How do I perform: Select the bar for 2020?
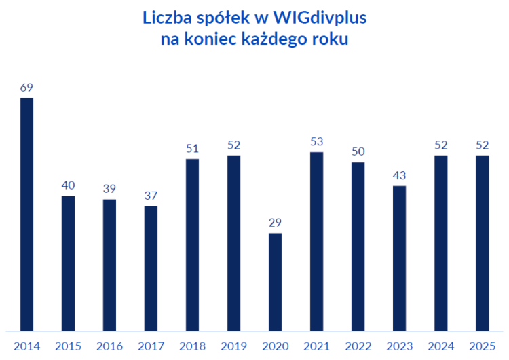click(x=275, y=282)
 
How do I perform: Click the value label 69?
click(x=26, y=88)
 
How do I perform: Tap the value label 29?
click(x=275, y=223)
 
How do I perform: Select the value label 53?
click(x=317, y=142)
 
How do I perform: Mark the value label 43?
click(x=400, y=175)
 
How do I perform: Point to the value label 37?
click(x=151, y=196)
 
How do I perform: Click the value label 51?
click(x=192, y=149)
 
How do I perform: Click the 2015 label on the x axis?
click(x=68, y=346)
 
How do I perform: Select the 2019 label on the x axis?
click(x=233, y=346)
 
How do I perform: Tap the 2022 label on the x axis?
click(x=358, y=346)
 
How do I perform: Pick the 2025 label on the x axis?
click(x=483, y=346)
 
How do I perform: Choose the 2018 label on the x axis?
click(x=192, y=346)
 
